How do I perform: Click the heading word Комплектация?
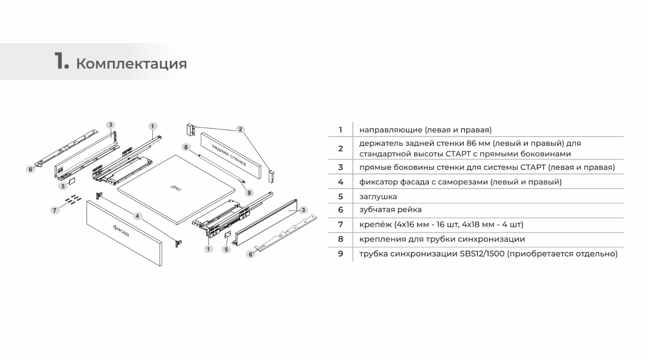point(132,64)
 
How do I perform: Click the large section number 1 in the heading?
point(61,60)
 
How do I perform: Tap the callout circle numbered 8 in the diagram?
point(186,147)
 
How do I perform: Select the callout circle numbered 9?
point(249,192)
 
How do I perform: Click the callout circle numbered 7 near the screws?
point(55,210)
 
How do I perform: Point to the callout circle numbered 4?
point(138,216)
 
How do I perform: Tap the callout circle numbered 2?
point(240,129)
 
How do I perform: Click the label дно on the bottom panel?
point(176,188)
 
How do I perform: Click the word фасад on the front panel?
point(121,231)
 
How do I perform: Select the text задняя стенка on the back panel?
point(229,155)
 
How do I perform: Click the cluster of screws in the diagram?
point(74,199)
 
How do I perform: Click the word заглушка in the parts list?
point(378,196)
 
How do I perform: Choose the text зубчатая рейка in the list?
point(390,209)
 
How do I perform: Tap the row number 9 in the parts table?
point(340,254)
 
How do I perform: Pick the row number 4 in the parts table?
point(340,182)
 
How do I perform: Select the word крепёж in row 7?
point(375,224)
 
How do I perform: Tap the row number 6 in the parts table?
point(340,210)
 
